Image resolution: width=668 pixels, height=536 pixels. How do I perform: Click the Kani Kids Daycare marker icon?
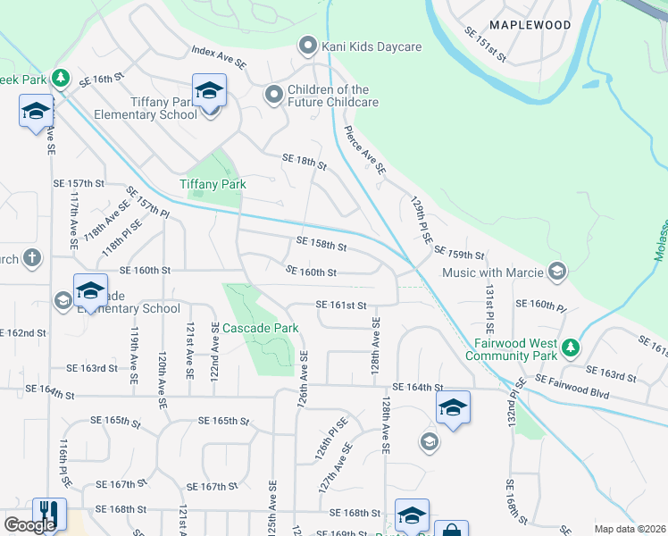click(x=309, y=45)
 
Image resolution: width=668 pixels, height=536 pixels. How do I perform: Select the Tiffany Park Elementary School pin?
click(x=210, y=92)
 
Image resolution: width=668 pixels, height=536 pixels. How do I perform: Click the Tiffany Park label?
click(x=213, y=184)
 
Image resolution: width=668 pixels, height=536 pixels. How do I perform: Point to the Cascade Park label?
click(x=260, y=328)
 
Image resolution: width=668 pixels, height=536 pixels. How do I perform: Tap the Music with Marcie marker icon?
click(x=557, y=271)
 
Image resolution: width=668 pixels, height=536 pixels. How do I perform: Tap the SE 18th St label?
click(x=304, y=161)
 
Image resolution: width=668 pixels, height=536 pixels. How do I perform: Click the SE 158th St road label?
click(x=321, y=244)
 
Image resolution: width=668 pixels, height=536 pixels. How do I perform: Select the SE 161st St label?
click(x=341, y=305)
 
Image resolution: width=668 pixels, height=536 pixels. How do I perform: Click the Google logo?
click(x=30, y=525)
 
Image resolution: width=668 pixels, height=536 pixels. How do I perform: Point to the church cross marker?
click(x=31, y=259)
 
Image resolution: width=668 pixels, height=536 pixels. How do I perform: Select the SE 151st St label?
click(x=484, y=45)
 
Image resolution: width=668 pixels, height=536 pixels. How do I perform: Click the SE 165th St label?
click(x=218, y=421)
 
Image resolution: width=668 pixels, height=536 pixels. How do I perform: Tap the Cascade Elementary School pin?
click(x=90, y=290)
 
